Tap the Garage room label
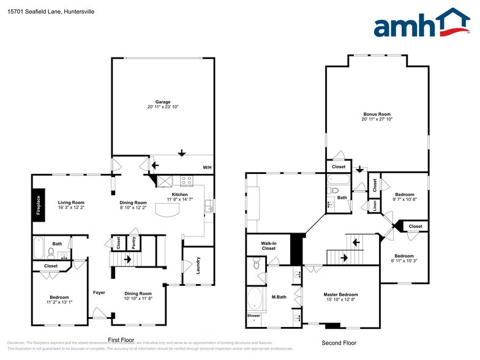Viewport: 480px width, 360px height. click(x=162, y=102)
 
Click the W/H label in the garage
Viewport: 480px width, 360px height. click(x=207, y=167)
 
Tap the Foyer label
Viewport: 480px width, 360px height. click(x=99, y=293)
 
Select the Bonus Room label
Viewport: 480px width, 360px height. click(x=377, y=114)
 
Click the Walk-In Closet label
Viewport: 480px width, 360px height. click(x=269, y=246)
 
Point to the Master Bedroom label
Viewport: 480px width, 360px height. click(x=340, y=294)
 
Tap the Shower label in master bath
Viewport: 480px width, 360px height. click(x=253, y=316)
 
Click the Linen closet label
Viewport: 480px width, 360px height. click(x=374, y=206)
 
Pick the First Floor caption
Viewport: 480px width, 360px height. click(x=121, y=340)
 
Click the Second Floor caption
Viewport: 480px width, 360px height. click(x=339, y=343)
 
